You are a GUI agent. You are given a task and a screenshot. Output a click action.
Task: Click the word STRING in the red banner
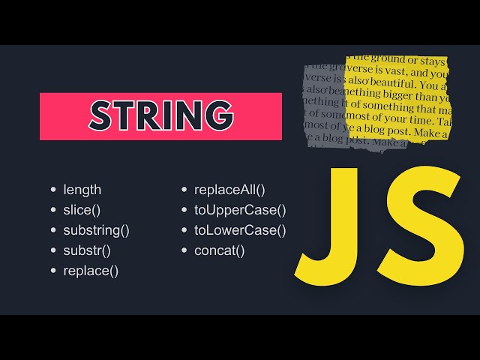click(160, 115)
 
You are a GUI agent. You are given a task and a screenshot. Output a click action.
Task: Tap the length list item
click(82, 190)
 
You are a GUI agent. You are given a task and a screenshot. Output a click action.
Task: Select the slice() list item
click(82, 210)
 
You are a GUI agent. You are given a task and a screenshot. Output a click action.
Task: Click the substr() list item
click(87, 250)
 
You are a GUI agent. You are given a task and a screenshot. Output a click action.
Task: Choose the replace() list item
click(91, 271)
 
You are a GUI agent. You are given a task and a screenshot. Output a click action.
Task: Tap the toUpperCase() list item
click(240, 210)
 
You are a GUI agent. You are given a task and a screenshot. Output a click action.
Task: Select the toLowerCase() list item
click(240, 230)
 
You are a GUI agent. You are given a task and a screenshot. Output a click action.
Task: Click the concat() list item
click(220, 250)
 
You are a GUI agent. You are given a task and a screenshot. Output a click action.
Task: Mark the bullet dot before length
click(53, 190)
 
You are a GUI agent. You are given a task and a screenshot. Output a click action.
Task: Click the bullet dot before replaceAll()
click(184, 190)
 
